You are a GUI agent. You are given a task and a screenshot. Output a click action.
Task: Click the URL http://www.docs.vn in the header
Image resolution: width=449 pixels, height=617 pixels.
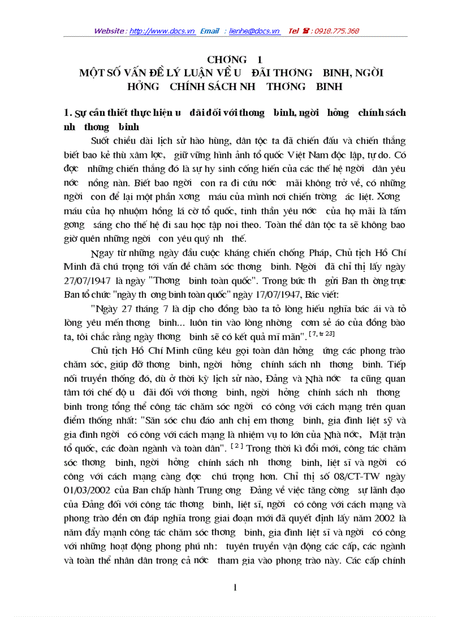162,31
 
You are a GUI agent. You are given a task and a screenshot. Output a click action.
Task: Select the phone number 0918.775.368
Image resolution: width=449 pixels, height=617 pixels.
337,31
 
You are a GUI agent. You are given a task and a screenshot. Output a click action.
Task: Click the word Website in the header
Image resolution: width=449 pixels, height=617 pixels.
109,31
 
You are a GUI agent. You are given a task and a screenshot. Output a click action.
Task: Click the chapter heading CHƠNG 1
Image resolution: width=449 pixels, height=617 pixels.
234,59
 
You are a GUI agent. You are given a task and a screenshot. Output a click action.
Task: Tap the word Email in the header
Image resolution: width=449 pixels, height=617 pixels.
210,31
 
